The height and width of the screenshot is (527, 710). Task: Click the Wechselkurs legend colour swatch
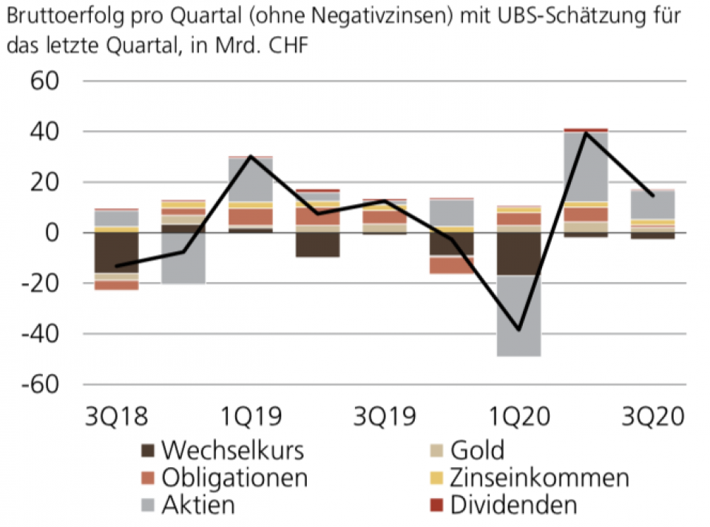click(148, 450)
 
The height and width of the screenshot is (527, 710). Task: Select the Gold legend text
click(477, 450)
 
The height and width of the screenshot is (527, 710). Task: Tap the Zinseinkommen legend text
click(539, 478)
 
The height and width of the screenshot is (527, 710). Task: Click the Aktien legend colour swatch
click(148, 506)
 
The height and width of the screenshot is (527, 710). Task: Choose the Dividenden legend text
click(513, 506)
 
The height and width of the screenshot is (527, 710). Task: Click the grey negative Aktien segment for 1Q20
click(519, 316)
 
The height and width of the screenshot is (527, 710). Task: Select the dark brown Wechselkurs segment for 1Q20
click(519, 254)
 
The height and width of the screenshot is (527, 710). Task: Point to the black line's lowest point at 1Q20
click(519, 330)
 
